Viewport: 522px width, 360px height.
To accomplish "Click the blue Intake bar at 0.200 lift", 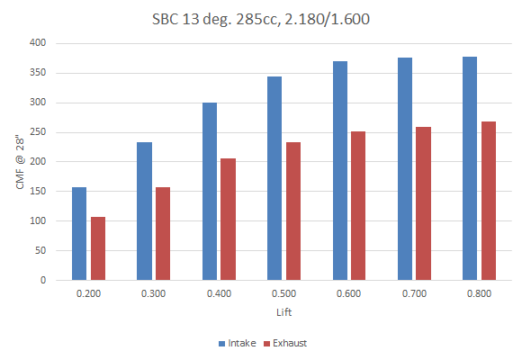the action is pos(79,233).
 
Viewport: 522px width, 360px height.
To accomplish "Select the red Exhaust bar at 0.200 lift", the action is pos(98,248).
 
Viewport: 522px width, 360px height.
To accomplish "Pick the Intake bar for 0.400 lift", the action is pos(210,191).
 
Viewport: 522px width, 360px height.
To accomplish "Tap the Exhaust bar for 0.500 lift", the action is pos(293,211).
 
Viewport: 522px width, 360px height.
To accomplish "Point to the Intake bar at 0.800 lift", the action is pos(470,168).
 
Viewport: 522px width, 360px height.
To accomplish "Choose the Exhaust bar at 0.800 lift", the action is pos(489,201).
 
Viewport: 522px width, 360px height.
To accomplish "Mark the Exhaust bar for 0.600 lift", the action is pos(358,206).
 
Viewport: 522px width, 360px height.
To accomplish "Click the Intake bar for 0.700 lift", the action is pos(405,169).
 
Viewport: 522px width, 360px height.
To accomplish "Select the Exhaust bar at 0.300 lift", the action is pos(163,233).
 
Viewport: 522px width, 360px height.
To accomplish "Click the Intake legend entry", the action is pos(238,343).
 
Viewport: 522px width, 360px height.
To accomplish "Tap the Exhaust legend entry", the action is pos(285,343).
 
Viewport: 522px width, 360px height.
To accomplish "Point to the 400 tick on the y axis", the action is pos(38,42).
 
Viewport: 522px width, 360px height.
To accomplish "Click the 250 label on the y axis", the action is pos(38,132).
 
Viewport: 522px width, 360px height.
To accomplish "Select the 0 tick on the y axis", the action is pos(43,280).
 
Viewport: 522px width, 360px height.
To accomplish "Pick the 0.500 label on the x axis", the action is pos(283,293).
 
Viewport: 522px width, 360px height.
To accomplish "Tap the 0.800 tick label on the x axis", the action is pos(479,293).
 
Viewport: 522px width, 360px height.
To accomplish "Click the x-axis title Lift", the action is pos(284,312).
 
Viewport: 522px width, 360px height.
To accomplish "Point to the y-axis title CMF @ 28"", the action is pos(20,162).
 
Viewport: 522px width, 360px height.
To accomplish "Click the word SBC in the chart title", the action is pos(166,19).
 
